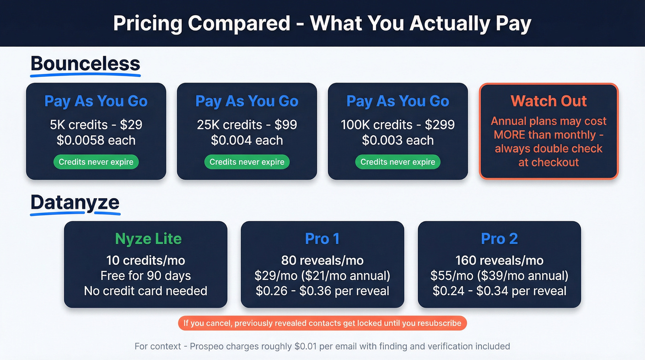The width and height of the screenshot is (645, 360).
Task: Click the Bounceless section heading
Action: click(x=85, y=64)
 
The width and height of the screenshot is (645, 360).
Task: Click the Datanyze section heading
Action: click(x=75, y=202)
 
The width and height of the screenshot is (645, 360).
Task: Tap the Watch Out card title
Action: click(x=548, y=101)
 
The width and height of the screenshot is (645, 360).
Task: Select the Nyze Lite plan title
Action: click(x=148, y=239)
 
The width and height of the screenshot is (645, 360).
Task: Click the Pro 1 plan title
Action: click(x=322, y=239)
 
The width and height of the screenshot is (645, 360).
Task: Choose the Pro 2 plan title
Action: click(x=499, y=239)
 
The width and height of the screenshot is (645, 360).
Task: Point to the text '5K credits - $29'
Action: click(x=96, y=125)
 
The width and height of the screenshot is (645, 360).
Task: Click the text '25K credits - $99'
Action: click(x=247, y=125)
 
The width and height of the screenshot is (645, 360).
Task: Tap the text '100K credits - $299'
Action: click(x=398, y=125)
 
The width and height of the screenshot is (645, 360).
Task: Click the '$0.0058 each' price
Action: click(x=96, y=140)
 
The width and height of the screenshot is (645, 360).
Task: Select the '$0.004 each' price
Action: click(x=247, y=140)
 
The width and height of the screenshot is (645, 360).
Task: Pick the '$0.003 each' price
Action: click(x=398, y=140)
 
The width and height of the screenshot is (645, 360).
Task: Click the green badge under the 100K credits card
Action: click(x=398, y=162)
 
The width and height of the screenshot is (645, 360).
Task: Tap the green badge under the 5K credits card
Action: click(x=96, y=162)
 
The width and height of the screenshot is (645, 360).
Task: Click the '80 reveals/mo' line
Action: click(x=322, y=260)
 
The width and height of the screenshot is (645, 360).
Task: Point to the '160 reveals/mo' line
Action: click(x=499, y=260)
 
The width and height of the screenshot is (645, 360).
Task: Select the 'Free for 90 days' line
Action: click(x=146, y=276)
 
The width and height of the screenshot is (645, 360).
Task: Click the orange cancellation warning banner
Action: click(x=322, y=323)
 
